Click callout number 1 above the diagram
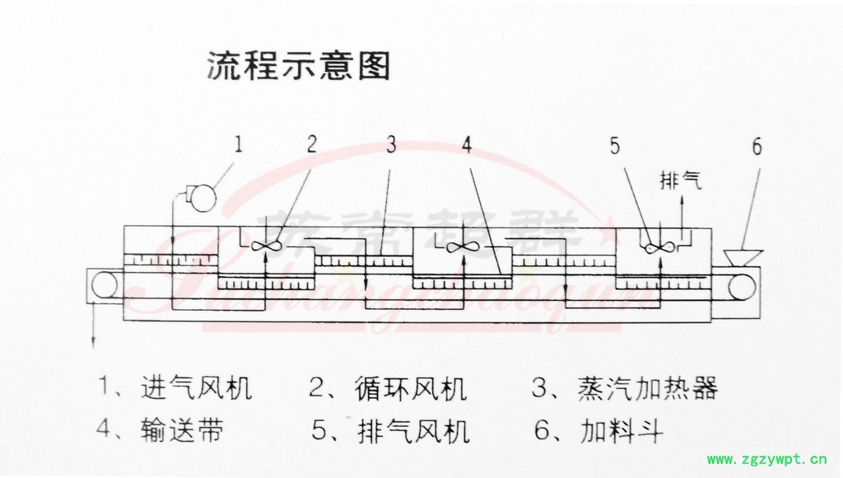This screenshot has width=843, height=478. point(240,146)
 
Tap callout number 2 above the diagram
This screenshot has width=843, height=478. point(312,145)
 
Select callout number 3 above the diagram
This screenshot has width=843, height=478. point(390,145)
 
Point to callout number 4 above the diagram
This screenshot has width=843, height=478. point(467,145)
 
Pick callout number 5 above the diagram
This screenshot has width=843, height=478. point(615,146)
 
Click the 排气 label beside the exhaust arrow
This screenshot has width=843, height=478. point(682,181)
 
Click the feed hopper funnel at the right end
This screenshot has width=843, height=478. point(743,253)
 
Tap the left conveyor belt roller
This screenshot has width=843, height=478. point(105,284)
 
